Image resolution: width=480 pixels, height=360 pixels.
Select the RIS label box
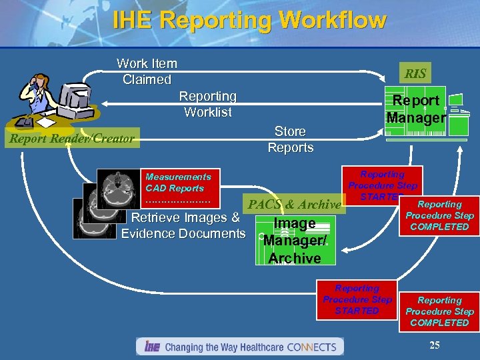[415, 73]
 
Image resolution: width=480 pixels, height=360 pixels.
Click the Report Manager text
[416, 109]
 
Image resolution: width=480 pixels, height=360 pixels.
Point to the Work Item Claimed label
[147, 71]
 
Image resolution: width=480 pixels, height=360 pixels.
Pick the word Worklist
[208, 112]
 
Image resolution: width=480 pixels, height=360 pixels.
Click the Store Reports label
[290, 139]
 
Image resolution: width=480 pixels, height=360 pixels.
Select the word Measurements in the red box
[178, 177]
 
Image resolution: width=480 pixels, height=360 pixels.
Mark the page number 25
[435, 345]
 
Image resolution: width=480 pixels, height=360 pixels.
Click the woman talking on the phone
[37, 93]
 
